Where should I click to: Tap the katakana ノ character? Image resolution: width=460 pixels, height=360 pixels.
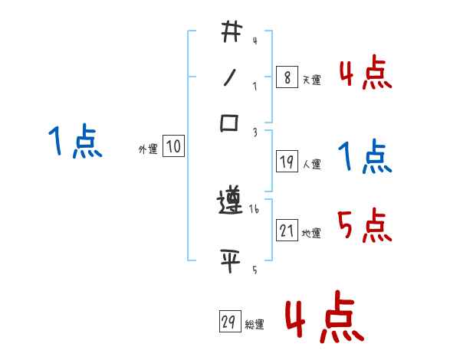[230, 77]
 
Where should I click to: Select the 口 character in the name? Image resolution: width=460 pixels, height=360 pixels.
[230, 123]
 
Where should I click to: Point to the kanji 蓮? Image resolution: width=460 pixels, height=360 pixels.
[230, 205]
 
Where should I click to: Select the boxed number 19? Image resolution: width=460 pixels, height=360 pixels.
[287, 162]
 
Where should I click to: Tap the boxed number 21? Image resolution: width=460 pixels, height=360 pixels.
[287, 231]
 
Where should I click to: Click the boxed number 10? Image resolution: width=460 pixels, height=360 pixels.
[173, 147]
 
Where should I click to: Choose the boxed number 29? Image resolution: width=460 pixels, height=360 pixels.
[228, 322]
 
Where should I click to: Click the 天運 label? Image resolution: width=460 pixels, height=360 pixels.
[311, 80]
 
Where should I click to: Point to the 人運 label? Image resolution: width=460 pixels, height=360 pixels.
[311, 164]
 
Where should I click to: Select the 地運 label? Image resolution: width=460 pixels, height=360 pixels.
[311, 233]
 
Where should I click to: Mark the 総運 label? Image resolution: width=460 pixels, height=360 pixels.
[255, 325]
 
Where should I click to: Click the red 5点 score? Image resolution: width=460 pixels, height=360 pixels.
[365, 226]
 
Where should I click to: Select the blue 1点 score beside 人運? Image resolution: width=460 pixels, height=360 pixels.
[365, 157]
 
